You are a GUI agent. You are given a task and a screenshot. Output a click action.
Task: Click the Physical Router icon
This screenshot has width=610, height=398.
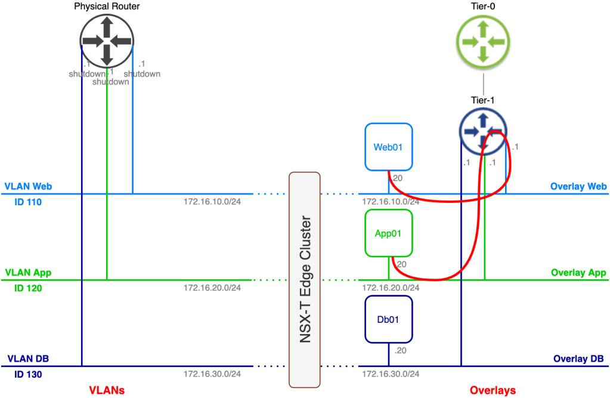click(107, 40)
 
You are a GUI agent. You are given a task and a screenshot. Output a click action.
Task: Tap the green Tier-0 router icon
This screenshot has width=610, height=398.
click(483, 40)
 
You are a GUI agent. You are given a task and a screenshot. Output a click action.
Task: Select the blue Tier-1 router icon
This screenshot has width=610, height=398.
click(483, 132)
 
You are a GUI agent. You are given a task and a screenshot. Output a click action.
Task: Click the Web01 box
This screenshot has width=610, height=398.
click(389, 147)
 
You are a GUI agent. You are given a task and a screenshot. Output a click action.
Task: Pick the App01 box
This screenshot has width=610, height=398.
click(389, 233)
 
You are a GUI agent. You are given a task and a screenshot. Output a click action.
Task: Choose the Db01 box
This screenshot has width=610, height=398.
click(388, 320)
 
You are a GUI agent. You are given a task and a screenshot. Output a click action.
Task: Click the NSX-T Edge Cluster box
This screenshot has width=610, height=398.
click(304, 279)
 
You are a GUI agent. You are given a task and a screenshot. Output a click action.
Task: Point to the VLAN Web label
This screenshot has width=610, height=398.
click(28, 187)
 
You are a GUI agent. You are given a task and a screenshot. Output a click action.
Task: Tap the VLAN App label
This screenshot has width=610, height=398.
click(28, 273)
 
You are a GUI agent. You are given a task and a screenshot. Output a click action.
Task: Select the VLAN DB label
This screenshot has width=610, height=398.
click(28, 359)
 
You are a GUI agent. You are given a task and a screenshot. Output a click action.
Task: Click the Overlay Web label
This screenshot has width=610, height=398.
click(578, 187)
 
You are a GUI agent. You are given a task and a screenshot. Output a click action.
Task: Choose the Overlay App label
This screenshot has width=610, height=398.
click(578, 273)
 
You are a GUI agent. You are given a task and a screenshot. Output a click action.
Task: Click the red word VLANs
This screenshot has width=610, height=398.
click(107, 390)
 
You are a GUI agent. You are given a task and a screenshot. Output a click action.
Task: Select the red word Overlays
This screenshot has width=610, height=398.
click(493, 390)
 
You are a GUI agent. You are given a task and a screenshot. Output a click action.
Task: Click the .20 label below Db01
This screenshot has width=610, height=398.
click(400, 350)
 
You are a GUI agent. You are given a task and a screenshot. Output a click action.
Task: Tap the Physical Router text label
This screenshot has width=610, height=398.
click(107, 7)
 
